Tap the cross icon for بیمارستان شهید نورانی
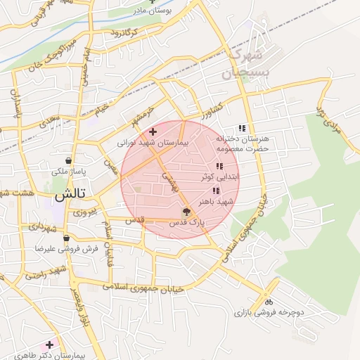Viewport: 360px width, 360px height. click(153, 131)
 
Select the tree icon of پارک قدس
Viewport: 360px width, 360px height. click(186, 211)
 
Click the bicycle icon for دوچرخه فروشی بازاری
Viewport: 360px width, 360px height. click(268, 302)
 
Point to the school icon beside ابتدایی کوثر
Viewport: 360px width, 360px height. click(219, 167)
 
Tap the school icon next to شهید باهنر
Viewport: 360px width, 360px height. click(215, 191)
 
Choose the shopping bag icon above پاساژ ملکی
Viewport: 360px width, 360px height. click(67, 160)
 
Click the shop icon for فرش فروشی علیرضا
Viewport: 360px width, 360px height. click(65, 238)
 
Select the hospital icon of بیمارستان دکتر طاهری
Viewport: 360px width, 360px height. click(49, 345)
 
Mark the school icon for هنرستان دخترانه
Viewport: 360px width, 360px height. click(242, 129)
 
